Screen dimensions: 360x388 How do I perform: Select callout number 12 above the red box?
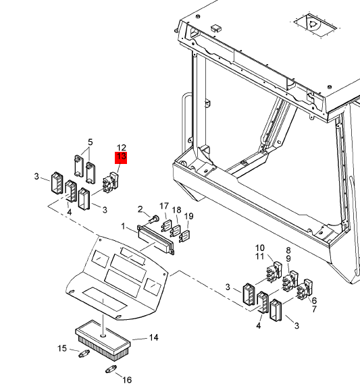tap(121, 148)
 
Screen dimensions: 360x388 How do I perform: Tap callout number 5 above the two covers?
tap(91, 142)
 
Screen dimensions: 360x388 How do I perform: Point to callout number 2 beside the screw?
tap(140, 209)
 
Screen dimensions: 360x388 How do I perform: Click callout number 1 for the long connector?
tap(124, 226)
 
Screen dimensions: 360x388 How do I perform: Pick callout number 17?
tap(164, 206)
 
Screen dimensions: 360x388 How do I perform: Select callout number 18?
tap(176, 210)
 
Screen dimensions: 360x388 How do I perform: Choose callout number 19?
tap(189, 217)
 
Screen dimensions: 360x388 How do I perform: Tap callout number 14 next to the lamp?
tap(153, 337)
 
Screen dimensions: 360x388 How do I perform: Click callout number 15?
tap(62, 348)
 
